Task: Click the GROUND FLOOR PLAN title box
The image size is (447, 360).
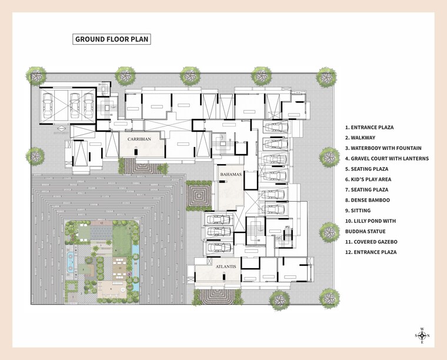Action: (112, 39)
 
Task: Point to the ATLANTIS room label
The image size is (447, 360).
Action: (225, 266)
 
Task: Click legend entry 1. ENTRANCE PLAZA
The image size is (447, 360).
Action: (369, 127)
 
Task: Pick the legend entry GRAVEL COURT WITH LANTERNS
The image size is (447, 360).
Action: (386, 158)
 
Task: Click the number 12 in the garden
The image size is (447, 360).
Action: (101, 224)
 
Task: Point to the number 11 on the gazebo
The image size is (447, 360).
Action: (120, 268)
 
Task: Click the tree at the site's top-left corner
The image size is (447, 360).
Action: (37, 75)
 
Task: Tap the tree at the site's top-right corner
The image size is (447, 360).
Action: (327, 76)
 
